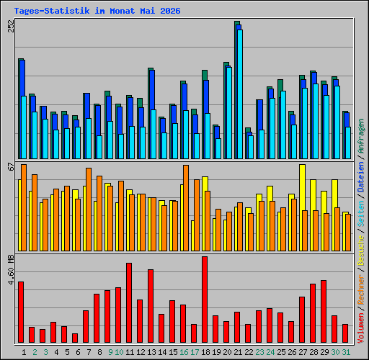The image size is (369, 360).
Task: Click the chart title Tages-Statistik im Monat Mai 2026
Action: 97,11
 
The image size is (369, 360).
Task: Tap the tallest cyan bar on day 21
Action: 240,94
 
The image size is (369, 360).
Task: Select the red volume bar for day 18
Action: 205,300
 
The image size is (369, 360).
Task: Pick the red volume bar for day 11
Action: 129,302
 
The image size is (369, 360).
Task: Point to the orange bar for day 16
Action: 186,208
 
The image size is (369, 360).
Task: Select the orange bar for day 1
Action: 24,207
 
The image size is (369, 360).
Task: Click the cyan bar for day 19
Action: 218,148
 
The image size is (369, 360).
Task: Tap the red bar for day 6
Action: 75,338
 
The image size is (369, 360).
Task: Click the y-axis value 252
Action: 11,26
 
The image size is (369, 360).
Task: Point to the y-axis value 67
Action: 11,166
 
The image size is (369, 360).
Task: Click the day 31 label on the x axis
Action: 346,352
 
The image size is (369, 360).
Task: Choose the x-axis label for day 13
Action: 151,352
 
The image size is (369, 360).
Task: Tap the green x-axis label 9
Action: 110,352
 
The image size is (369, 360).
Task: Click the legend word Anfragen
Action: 361,136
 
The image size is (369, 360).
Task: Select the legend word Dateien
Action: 361,177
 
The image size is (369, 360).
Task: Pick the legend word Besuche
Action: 361,251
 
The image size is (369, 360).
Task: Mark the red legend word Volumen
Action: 361,328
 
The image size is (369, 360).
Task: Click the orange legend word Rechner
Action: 361,290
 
